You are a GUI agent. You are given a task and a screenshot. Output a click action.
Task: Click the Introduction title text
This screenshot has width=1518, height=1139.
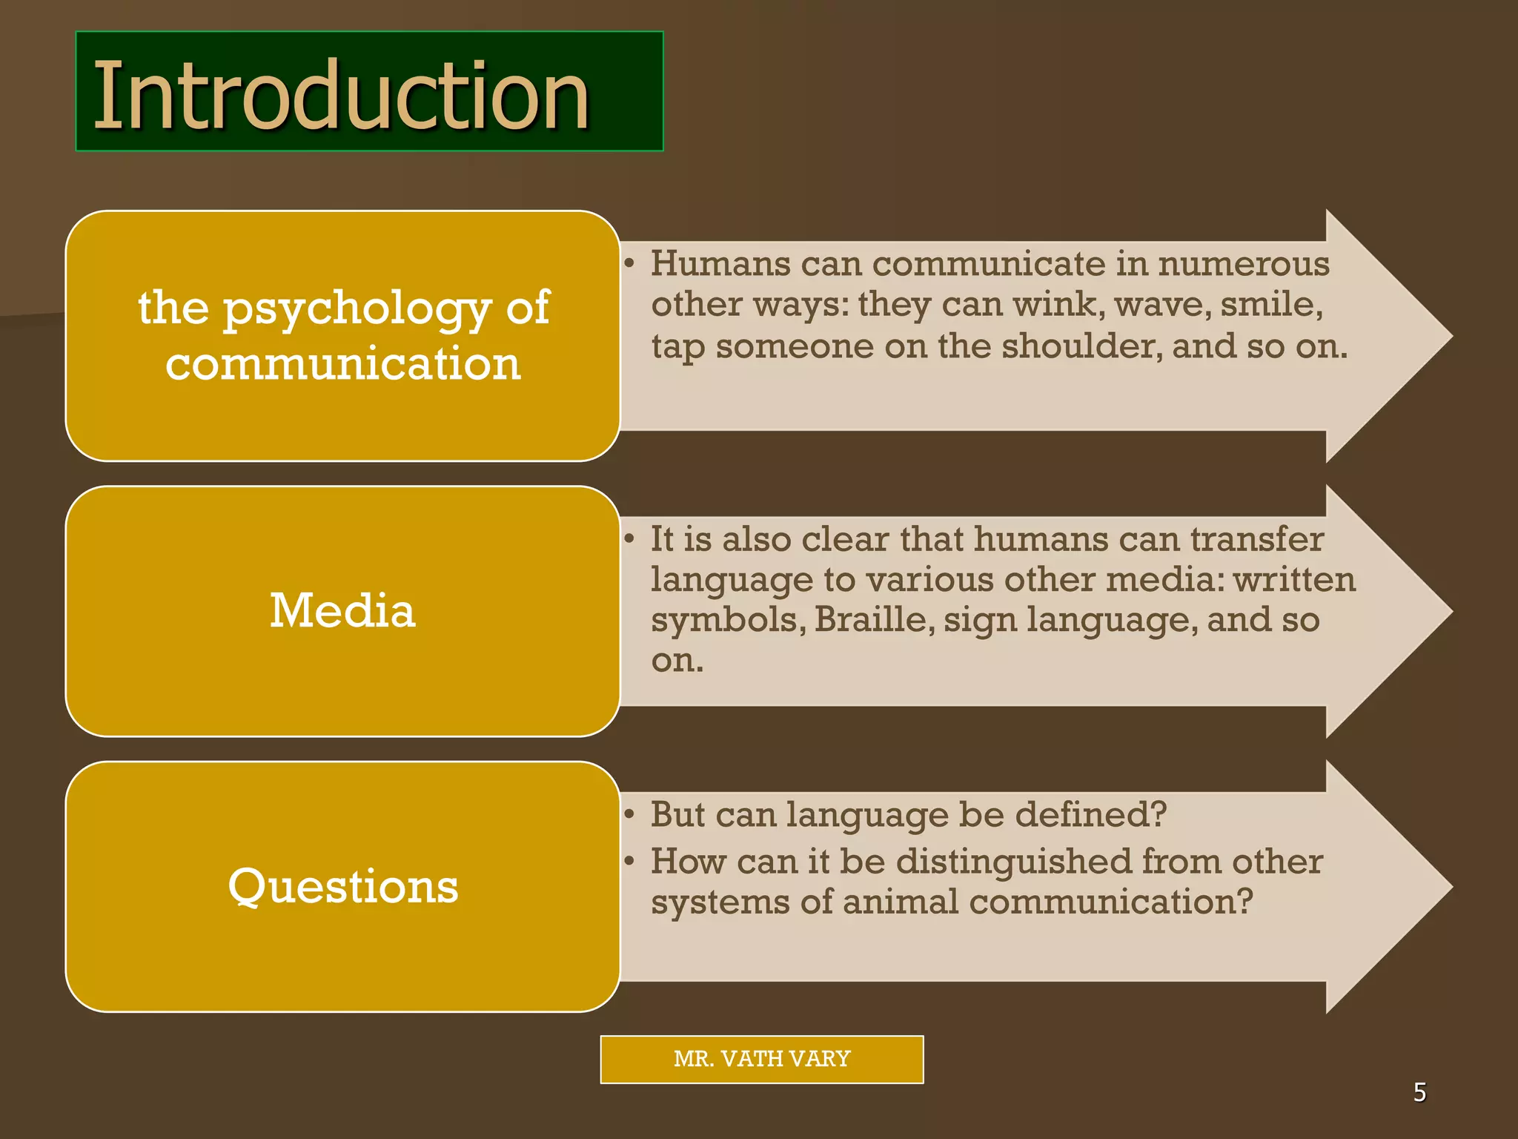(x=341, y=95)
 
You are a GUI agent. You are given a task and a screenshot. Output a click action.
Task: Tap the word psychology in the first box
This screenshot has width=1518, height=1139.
(x=357, y=309)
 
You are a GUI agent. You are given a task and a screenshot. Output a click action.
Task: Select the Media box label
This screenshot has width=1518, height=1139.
(x=342, y=611)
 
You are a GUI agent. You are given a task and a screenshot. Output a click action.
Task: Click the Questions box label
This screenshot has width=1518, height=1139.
(x=342, y=886)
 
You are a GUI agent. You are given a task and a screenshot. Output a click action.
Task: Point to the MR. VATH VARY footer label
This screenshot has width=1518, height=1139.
(x=761, y=1059)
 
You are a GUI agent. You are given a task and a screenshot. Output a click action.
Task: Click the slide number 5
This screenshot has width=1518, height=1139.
(x=1419, y=1092)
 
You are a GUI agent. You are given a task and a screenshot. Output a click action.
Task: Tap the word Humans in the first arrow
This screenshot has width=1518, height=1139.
(x=719, y=263)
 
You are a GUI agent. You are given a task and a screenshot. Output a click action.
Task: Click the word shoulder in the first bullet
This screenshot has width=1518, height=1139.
(x=1081, y=346)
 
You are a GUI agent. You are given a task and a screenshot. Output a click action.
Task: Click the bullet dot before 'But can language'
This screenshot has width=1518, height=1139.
(x=629, y=815)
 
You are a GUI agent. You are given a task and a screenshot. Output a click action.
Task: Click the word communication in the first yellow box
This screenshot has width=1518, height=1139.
(x=342, y=364)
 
